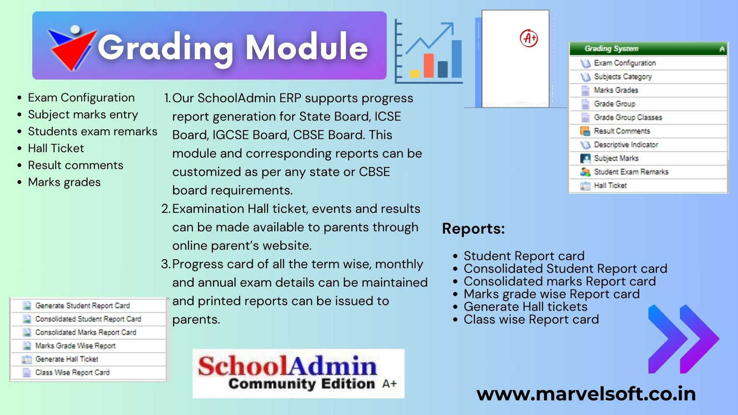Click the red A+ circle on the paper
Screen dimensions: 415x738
tap(529, 38)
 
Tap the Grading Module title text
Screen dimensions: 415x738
tap(232, 47)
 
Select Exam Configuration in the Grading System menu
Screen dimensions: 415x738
tap(625, 63)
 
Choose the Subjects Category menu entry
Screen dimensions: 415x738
tap(623, 77)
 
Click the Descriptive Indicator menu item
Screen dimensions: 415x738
tap(626, 145)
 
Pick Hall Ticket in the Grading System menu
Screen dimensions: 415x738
tap(610, 186)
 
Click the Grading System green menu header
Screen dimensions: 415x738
tap(648, 49)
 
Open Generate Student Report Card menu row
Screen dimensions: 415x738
tap(82, 306)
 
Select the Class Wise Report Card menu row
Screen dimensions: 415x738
tap(72, 373)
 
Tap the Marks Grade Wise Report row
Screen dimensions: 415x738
tap(75, 346)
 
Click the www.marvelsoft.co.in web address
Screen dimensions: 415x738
tap(586, 394)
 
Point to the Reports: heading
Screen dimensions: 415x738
tap(473, 229)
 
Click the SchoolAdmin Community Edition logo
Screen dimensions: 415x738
tap(298, 374)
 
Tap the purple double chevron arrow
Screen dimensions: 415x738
tap(683, 339)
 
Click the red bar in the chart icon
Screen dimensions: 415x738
tap(428, 66)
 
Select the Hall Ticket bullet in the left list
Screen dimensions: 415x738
tap(56, 149)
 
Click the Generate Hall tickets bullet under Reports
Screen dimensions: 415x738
tap(525, 307)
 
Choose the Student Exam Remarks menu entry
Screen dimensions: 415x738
tap(631, 172)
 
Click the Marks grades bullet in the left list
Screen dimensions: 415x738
tap(64, 182)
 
